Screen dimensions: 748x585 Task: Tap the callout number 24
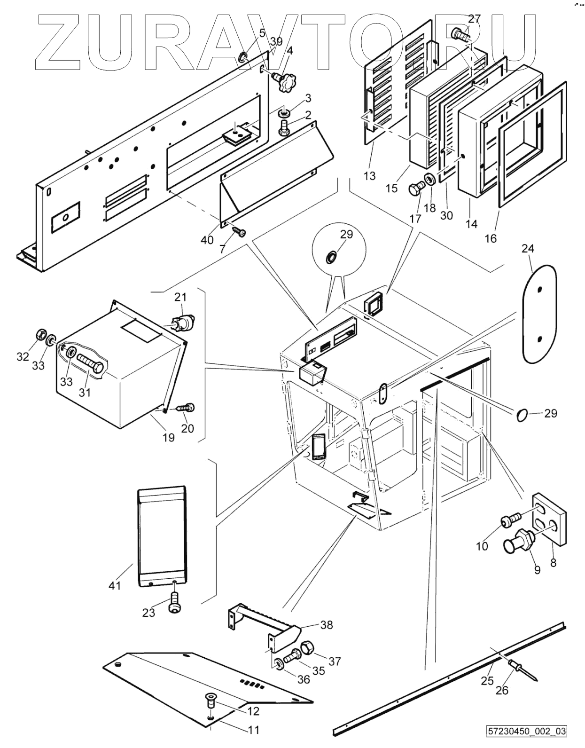click(x=528, y=248)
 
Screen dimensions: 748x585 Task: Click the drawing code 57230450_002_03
click(x=527, y=732)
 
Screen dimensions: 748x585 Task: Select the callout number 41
click(x=115, y=586)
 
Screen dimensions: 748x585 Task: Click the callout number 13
click(x=370, y=176)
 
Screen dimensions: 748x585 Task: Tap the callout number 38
click(x=327, y=625)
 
